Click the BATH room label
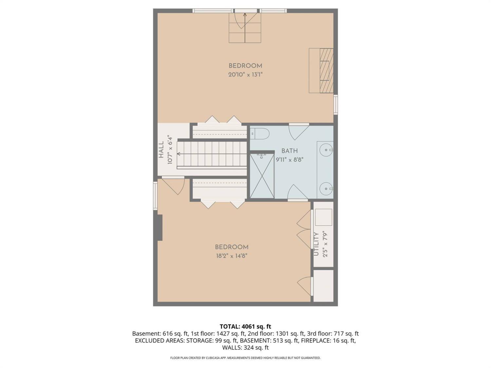pos(289,151)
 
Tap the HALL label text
pos(161,149)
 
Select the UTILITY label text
pos(316,244)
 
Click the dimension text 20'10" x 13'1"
pos(245,74)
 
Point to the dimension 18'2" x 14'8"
pos(231,255)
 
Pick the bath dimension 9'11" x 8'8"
pos(289,160)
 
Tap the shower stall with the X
pos(262,176)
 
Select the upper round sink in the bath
pos(326,150)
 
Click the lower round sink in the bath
pos(326,189)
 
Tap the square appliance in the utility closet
pos(323,218)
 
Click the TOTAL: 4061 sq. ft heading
pos(245,327)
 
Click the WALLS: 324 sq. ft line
pos(245,348)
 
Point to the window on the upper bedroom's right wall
pos(336,105)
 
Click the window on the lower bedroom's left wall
pos(155,196)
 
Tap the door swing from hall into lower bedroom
pos(173,186)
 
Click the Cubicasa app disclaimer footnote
pos(245,358)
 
